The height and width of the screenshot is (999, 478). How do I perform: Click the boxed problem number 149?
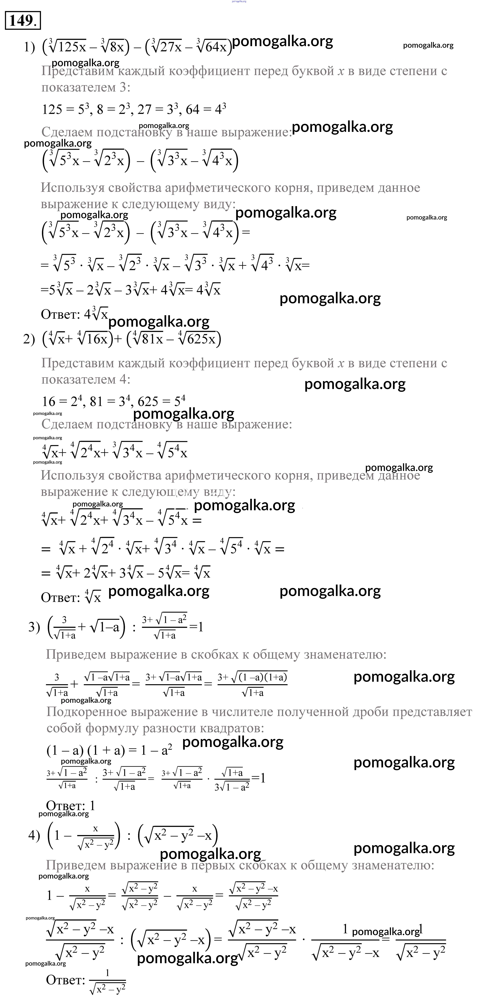click(23, 21)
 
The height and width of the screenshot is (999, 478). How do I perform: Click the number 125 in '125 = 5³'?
click(52, 110)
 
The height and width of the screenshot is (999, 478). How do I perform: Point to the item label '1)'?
click(29, 47)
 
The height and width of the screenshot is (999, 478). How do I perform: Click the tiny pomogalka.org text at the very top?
click(239, 2)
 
